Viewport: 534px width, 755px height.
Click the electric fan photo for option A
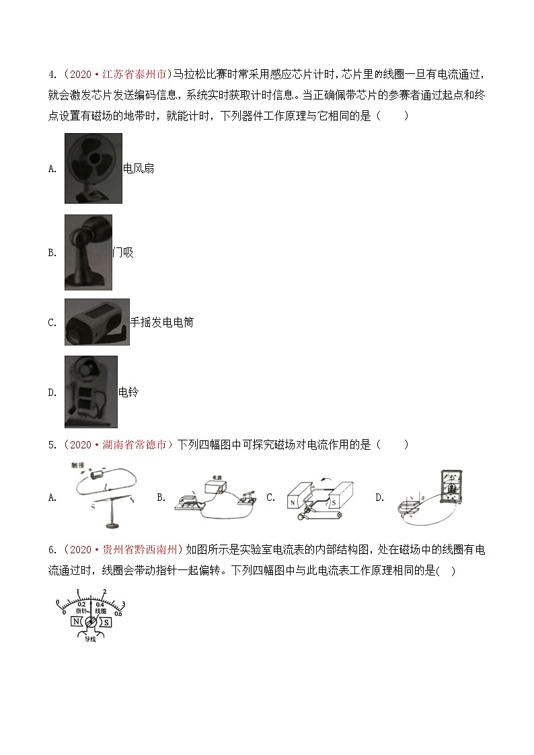coord(93,168)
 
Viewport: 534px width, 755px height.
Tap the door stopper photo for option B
coord(88,252)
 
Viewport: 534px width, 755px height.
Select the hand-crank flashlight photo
coord(97,322)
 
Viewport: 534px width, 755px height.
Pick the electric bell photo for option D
coord(91,391)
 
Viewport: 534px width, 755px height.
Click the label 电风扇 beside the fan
coord(139,169)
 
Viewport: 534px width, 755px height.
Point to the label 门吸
coord(123,253)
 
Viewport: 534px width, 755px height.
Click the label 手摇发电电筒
coord(161,323)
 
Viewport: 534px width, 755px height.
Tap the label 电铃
coord(128,392)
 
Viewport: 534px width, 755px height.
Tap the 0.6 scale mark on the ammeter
coord(118,612)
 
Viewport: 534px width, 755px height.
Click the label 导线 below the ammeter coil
coord(91,641)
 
